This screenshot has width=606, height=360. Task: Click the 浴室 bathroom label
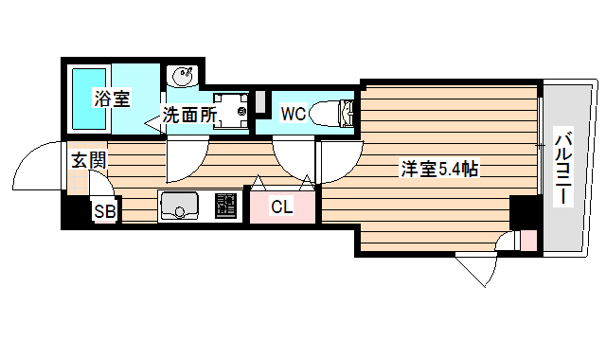pos(112,97)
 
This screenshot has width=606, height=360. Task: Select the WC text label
pos(293,115)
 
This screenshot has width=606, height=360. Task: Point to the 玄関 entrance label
pos(88,160)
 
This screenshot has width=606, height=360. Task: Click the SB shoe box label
pos(104,211)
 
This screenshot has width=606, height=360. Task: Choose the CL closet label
pos(281,206)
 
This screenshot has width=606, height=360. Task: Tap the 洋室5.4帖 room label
pos(437,170)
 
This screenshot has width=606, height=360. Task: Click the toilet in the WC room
pos(336,113)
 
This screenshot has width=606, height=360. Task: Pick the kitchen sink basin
pos(178,205)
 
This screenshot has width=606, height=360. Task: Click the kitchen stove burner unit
pos(225,205)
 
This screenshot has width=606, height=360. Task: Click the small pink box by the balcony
pos(526,241)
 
